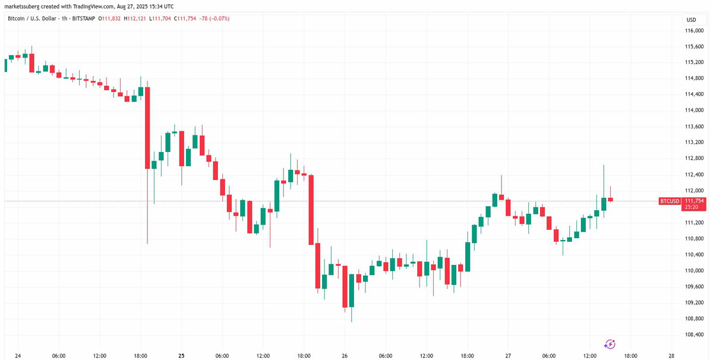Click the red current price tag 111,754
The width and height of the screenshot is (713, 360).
693,201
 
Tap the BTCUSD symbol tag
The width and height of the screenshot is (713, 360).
670,201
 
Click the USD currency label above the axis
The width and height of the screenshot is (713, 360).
690,20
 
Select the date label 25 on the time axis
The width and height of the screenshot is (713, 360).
181,356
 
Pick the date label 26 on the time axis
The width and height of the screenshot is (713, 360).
345,356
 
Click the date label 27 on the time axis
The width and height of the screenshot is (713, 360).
508,356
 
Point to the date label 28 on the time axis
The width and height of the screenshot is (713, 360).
671,356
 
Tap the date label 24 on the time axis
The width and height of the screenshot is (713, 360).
18,356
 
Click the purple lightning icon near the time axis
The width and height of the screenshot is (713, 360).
610,344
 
